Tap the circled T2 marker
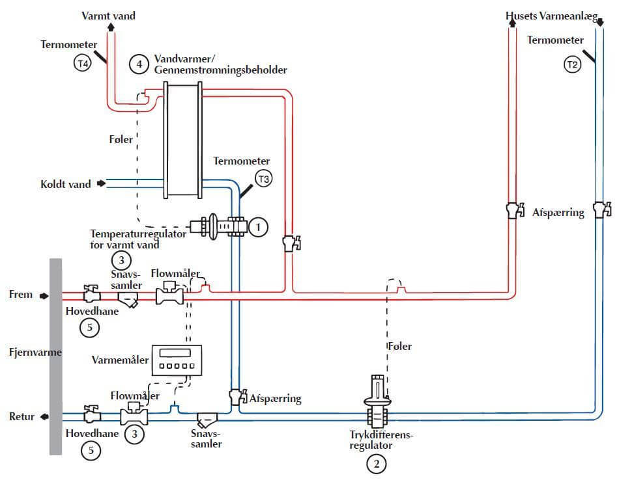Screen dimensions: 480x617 point(572,64)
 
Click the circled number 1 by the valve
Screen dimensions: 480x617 point(259,227)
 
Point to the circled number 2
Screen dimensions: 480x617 point(376,464)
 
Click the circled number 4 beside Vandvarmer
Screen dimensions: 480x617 point(138,64)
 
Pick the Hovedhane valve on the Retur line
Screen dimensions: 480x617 point(89,414)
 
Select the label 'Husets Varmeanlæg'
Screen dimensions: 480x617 point(552,15)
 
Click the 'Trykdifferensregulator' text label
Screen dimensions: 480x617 point(378,440)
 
